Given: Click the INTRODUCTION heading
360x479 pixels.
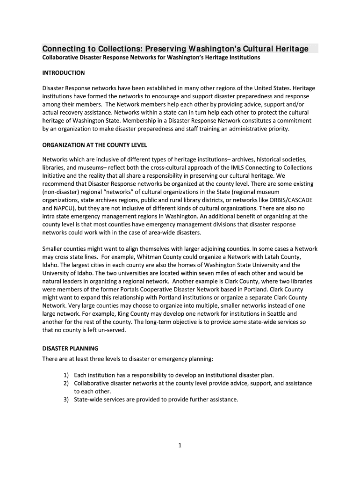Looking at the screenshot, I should (x=64, y=73).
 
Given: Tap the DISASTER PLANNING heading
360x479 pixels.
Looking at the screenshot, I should (x=70, y=348).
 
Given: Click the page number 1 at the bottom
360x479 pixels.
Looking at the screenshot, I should (x=180, y=445).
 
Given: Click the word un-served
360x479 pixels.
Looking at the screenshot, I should (x=111, y=330).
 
